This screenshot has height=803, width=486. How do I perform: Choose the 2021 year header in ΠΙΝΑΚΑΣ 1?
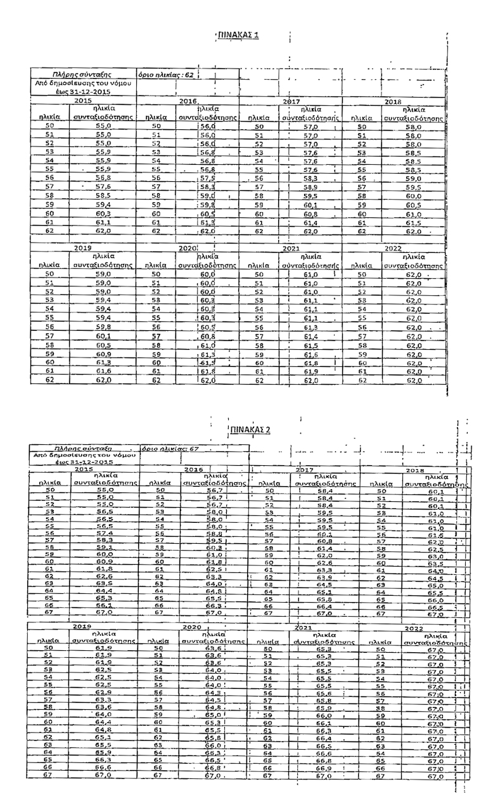pyautogui.click(x=291, y=249)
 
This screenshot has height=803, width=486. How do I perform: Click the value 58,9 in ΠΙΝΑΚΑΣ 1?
pyautogui.click(x=310, y=187)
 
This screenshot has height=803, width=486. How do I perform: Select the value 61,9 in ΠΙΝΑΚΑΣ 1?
pyautogui.click(x=310, y=371)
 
